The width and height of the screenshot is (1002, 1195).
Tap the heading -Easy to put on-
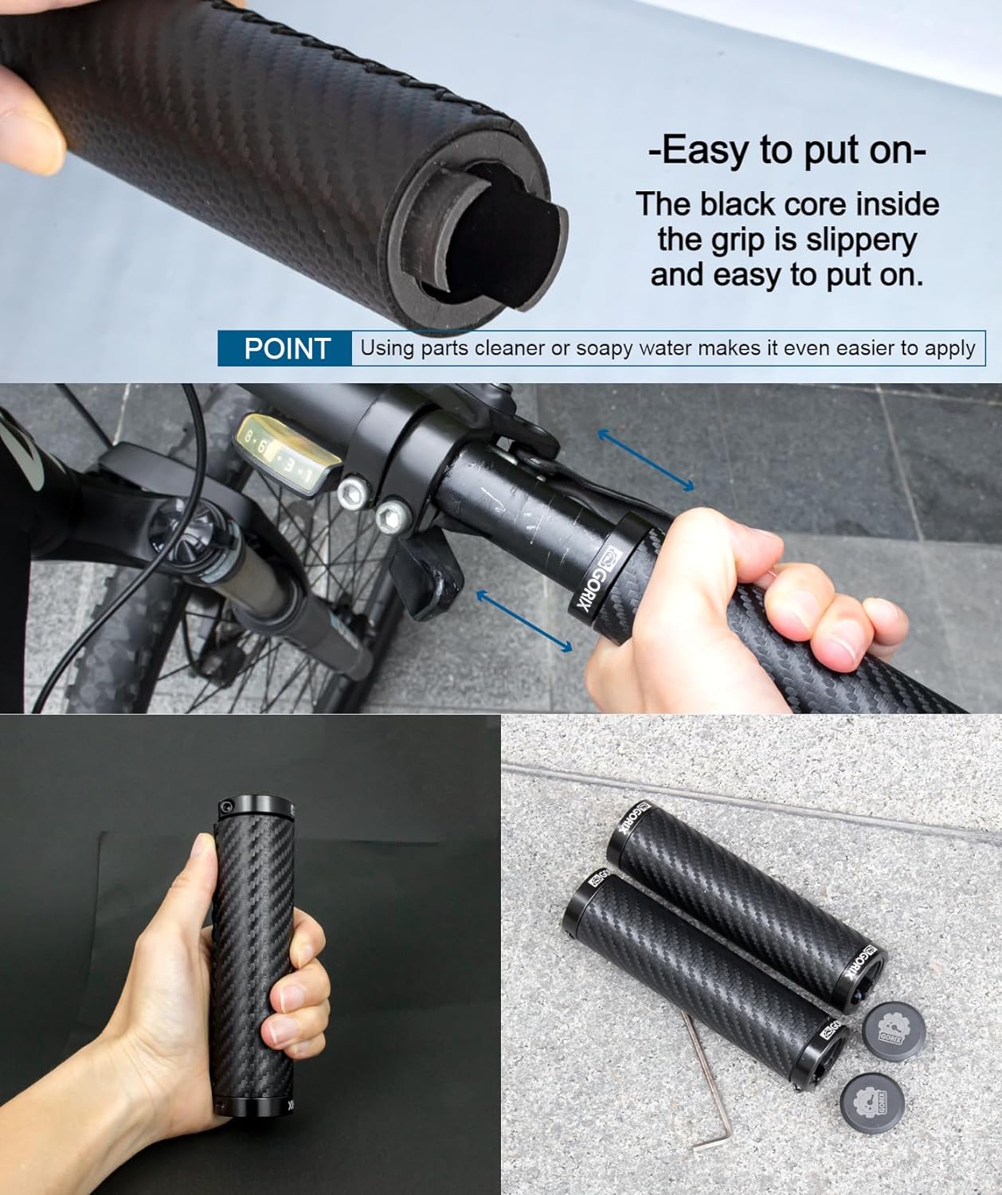click(787, 151)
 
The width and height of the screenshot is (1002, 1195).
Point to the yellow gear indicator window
click(289, 453)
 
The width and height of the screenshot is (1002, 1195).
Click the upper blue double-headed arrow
click(646, 460)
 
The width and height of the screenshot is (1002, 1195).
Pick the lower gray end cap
click(872, 1103)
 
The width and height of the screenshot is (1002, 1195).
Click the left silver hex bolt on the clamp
click(353, 493)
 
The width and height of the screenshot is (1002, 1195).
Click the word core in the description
click(815, 204)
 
